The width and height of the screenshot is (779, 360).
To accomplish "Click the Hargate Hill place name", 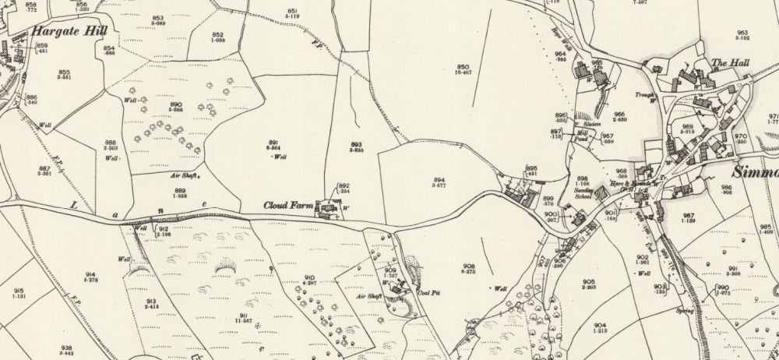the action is (x=69, y=32).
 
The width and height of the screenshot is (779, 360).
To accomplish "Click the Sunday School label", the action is (x=585, y=195).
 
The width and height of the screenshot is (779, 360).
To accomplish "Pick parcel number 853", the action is (x=157, y=18).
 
